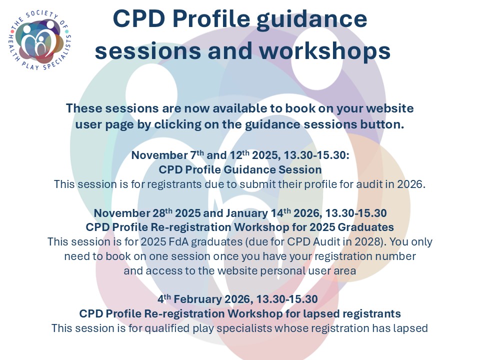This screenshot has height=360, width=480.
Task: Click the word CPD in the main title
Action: pyautogui.click(x=139, y=18)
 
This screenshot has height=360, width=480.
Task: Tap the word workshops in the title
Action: pyautogui.click(x=325, y=51)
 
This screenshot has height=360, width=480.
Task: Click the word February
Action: pyautogui.click(x=198, y=299)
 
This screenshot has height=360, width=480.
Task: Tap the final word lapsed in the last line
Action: pyautogui.click(x=410, y=328)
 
